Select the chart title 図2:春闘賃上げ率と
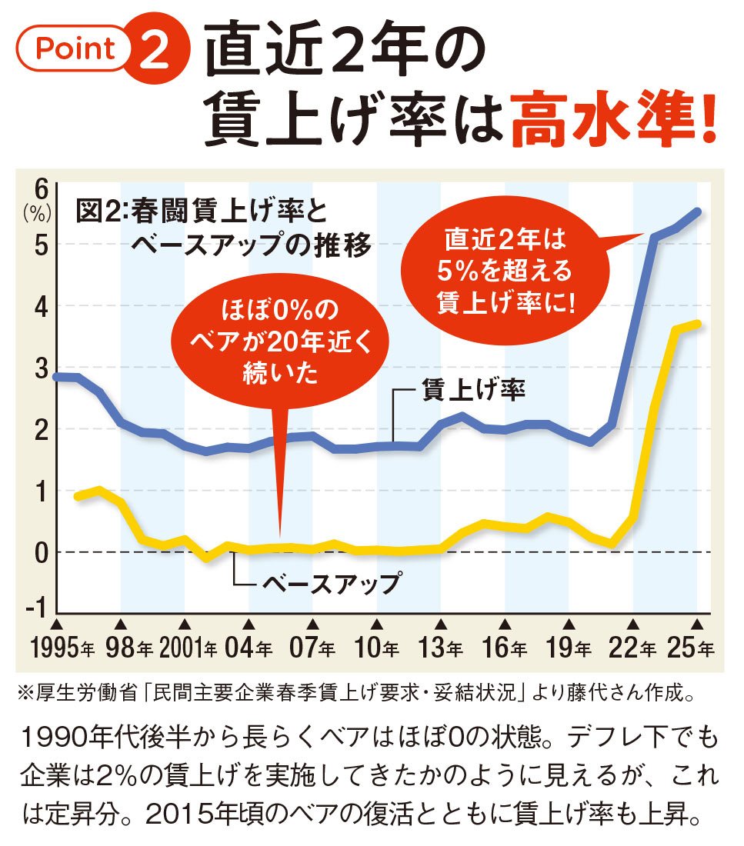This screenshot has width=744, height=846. (x=201, y=211)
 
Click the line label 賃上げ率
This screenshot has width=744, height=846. (x=472, y=391)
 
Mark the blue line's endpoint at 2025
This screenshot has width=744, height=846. (x=697, y=211)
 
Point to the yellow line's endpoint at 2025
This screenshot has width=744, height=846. (x=697, y=325)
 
